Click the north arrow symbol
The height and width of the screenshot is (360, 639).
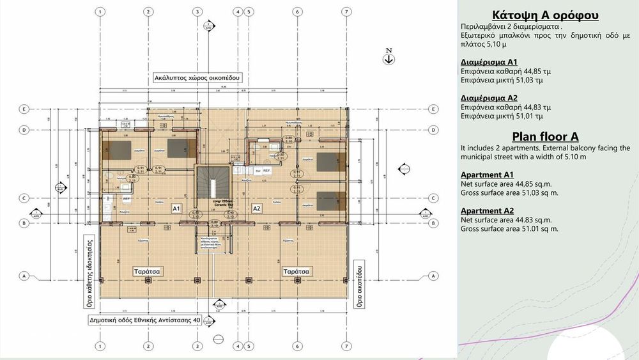tap(389, 59)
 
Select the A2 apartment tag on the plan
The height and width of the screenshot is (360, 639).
tap(257, 208)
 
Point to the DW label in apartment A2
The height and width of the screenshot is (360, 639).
tap(258, 171)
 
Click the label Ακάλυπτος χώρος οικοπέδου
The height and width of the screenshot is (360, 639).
tap(196, 78)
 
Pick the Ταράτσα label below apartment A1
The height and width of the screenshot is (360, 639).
tap(146, 271)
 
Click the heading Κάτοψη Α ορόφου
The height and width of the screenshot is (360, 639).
tap(546, 16)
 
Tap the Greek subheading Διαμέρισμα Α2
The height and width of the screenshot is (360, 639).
tap(488, 98)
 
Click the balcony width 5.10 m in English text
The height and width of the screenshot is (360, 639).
tap(573, 157)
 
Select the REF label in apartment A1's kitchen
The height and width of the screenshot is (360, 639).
tap(127, 199)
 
